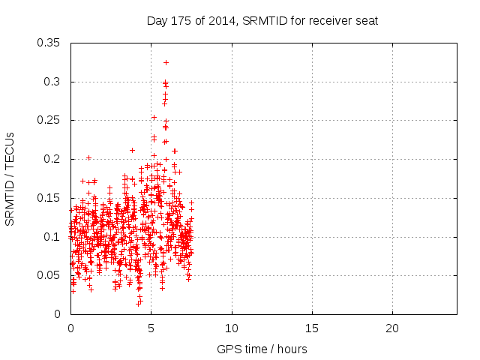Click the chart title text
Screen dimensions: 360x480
[262, 21]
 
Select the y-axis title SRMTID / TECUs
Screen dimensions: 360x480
[10, 178]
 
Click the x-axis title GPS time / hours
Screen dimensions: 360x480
[262, 349]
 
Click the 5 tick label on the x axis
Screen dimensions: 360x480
[151, 328]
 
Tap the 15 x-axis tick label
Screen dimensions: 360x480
[311, 328]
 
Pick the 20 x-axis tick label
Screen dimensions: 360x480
[391, 328]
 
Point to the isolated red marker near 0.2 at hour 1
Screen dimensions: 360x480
[88, 157]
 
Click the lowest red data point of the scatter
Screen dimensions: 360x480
[139, 304]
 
